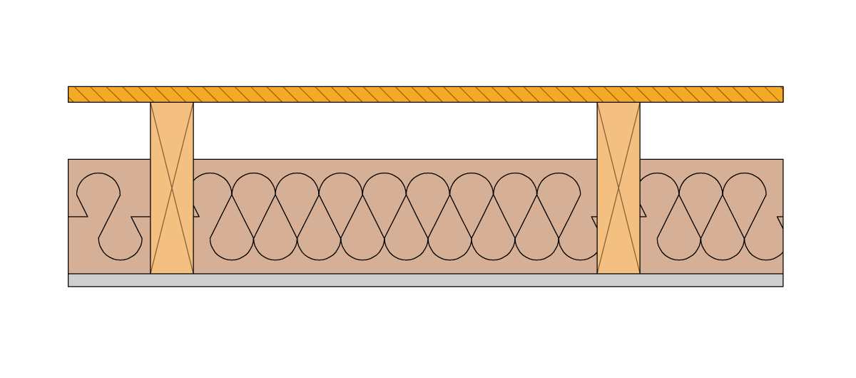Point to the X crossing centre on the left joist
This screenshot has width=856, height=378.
point(172,188)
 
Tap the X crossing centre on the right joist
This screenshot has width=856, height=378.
point(618,188)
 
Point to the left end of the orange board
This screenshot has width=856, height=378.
point(70,94)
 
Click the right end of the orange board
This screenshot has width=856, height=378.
point(781,94)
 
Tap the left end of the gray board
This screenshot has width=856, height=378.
point(70,280)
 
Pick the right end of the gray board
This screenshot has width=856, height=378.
point(780,280)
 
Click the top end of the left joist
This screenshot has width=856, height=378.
point(172,104)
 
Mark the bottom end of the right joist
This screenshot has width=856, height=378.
point(618,271)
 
